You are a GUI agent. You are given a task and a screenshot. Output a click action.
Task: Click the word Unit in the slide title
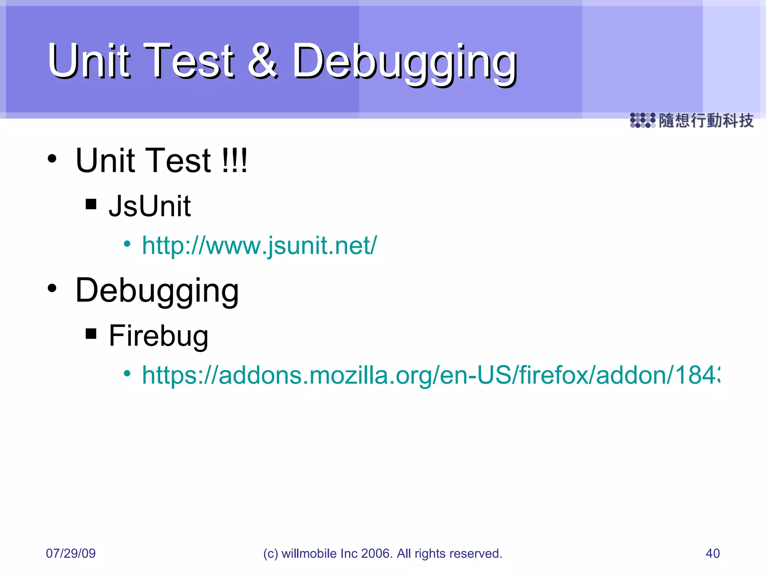[x=89, y=61]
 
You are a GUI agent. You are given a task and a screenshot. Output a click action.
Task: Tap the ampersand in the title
[x=263, y=61]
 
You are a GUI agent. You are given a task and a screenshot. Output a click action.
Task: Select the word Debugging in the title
[x=404, y=63]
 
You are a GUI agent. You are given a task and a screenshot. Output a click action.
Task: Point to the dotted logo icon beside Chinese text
[x=642, y=121]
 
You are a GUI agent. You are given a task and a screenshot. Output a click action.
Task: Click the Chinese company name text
[x=706, y=121]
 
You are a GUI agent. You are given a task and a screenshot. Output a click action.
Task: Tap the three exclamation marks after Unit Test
[x=234, y=160]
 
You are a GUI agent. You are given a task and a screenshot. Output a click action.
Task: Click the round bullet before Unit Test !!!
[x=52, y=159]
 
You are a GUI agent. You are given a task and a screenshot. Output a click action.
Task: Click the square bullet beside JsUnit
[x=91, y=204]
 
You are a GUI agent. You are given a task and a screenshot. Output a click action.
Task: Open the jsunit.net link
[x=260, y=246]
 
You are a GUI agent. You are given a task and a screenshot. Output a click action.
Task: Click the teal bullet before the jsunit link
[x=127, y=244]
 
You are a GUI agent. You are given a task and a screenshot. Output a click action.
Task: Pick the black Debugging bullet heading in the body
[x=157, y=291]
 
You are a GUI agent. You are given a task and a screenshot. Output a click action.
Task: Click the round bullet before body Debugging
[x=52, y=288]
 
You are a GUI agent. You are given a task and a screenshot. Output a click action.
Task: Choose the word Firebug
[x=159, y=336]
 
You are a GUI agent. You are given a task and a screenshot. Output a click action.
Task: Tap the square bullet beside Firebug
[x=91, y=333]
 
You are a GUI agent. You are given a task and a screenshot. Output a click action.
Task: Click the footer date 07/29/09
[x=71, y=553]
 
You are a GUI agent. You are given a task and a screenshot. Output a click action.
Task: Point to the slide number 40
[x=713, y=553]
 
